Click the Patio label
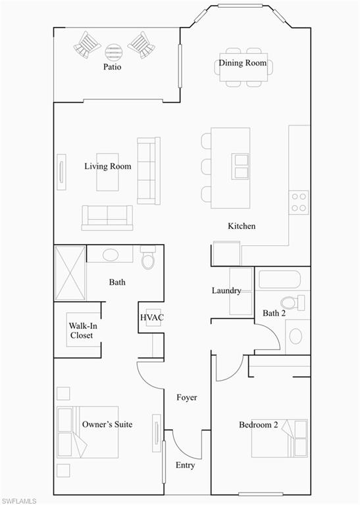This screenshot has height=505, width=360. (x=112, y=67)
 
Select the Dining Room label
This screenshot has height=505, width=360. (x=243, y=63)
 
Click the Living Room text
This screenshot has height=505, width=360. (x=107, y=166)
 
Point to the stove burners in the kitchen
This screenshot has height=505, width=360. (x=299, y=202)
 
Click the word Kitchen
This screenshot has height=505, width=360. (x=242, y=226)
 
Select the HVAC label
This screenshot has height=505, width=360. (x=151, y=318)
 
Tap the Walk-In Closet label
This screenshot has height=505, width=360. (x=82, y=330)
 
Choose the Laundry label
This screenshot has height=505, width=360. (x=226, y=291)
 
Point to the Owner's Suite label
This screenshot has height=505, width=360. (x=107, y=425)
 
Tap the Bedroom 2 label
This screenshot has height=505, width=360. (x=258, y=425)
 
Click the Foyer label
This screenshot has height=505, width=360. (x=186, y=398)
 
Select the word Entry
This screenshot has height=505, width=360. (x=185, y=466)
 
